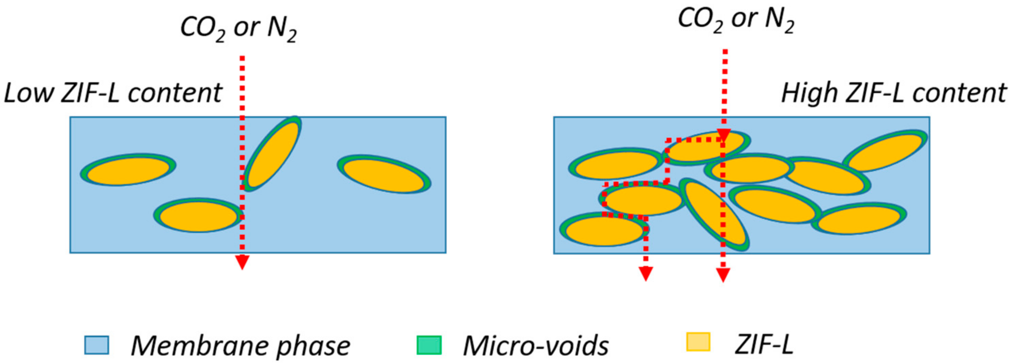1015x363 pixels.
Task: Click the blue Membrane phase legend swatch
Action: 96,345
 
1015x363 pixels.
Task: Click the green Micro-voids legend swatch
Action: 429,345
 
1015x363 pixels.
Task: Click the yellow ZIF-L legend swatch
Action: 698,342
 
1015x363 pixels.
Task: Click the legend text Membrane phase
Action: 240,346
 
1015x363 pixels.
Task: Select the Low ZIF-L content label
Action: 113,93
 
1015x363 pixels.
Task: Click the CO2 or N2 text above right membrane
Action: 736,20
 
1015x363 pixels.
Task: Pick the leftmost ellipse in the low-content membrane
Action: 128,169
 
